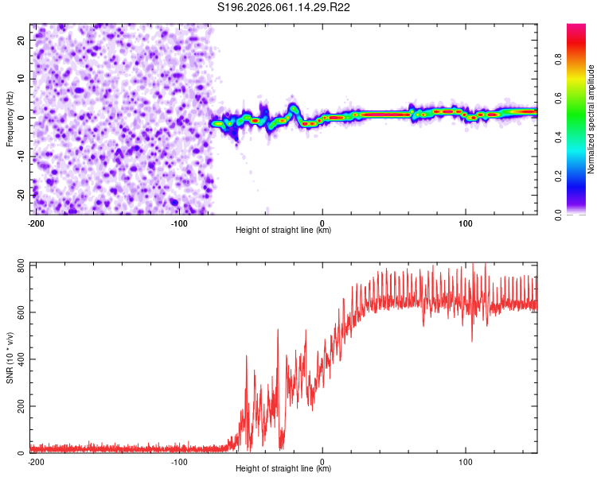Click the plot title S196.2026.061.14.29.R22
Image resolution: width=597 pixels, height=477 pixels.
coord(284,8)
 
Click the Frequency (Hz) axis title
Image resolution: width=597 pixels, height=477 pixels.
coord(10,118)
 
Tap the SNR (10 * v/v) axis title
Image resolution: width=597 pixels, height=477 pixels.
coord(10,357)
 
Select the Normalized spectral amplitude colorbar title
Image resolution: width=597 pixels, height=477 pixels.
coord(591,118)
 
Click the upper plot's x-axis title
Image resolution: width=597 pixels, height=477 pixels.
coord(283,230)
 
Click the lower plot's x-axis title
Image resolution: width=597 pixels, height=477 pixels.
coord(283,469)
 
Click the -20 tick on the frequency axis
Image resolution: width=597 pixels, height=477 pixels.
coord(20,195)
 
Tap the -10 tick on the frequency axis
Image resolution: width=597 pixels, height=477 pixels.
coord(20,157)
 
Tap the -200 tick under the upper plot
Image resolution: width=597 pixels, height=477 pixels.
coord(36,223)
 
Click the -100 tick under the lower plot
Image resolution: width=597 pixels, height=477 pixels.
coord(179,461)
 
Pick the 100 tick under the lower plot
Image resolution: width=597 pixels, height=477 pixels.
coord(466,461)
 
